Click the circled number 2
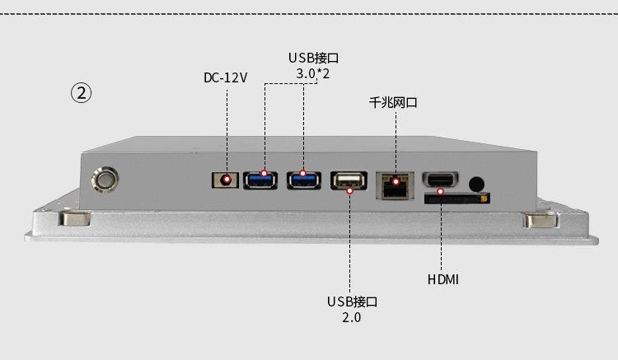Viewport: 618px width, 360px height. [x=80, y=92]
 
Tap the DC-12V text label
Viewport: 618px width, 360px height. [x=226, y=78]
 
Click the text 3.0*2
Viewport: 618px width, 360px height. [x=313, y=74]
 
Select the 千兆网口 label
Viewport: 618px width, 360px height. [x=393, y=103]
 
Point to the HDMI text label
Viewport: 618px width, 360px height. [x=443, y=280]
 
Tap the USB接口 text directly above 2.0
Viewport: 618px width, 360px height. [x=352, y=302]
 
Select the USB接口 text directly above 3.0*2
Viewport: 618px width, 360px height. [x=313, y=58]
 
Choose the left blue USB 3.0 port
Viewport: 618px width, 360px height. [x=263, y=178]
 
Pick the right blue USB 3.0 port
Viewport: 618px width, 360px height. [x=303, y=178]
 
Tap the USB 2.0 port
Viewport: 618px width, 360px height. [x=349, y=180]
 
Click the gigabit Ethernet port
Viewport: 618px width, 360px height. [x=396, y=184]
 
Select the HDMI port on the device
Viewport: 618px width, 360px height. [x=441, y=180]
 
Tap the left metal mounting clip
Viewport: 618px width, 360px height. [x=74, y=219]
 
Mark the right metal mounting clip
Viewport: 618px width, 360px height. [x=541, y=220]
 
